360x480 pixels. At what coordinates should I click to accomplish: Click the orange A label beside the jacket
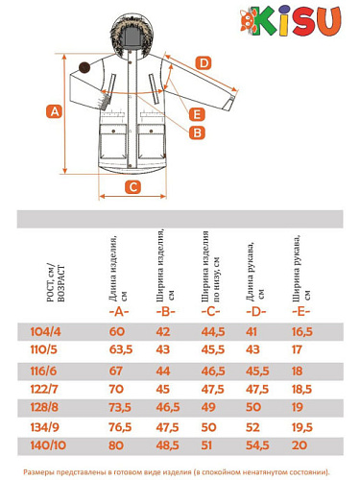tap(55, 112)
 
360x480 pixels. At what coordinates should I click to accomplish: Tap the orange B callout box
tap(197, 132)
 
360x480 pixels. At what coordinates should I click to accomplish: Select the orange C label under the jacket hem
tap(132, 187)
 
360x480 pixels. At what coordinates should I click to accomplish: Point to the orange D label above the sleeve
tap(204, 63)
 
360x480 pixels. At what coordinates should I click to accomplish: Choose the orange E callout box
tap(197, 114)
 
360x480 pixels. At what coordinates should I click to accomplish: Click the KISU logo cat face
tap(249, 20)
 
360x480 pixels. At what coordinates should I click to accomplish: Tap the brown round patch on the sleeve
tap(84, 67)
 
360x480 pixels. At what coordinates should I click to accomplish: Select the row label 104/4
tap(45, 331)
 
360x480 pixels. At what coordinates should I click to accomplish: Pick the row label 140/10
tap(48, 445)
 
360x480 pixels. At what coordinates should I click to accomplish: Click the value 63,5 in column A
tap(121, 349)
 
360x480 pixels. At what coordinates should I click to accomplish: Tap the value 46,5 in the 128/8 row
tap(168, 407)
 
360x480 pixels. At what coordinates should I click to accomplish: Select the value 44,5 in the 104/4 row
tap(213, 331)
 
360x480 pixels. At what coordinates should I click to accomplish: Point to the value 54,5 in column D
tap(257, 445)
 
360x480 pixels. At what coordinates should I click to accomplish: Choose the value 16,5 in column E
tap(302, 331)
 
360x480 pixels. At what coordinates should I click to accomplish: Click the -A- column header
tap(119, 311)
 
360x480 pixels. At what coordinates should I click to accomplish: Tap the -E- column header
tap(301, 311)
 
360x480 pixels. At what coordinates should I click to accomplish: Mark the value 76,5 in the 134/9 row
tap(120, 427)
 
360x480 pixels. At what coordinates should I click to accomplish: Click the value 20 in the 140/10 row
tap(300, 445)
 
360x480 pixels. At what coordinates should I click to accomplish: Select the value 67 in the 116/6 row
tap(116, 371)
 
